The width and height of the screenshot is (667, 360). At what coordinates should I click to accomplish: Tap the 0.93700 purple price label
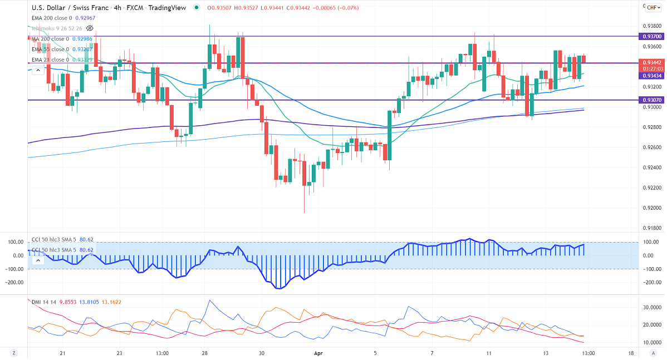pos(651,36)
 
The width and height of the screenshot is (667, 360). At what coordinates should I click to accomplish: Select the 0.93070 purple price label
pos(651,100)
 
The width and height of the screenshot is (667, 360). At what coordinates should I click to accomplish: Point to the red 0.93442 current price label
pos(651,62)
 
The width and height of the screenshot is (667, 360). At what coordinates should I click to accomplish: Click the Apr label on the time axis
pos(318,353)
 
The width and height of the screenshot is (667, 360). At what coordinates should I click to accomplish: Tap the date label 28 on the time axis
pos(205,353)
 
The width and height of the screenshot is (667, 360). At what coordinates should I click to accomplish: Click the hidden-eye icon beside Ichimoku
pos(90,28)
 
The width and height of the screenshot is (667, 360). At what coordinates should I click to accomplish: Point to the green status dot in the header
pos(197,8)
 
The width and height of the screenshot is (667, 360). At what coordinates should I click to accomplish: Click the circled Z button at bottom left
pos(13,353)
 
